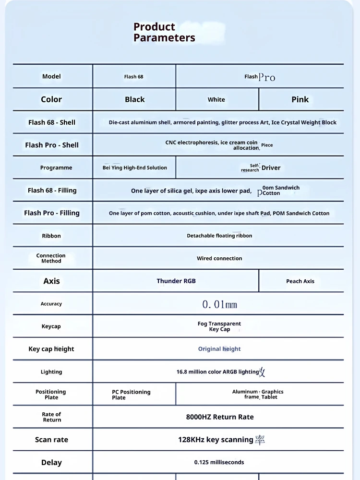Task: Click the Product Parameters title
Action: point(164,32)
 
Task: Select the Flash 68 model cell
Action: point(134,76)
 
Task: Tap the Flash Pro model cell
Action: point(260,77)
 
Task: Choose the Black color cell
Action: point(134,99)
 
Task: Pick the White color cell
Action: point(216,99)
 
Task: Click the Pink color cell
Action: point(300,99)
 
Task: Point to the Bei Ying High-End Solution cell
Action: point(135,168)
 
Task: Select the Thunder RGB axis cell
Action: point(176,281)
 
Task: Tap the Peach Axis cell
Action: point(300,281)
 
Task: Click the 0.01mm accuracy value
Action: point(219,304)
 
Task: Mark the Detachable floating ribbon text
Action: point(219,236)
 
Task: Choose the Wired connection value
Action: point(219,258)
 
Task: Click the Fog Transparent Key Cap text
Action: point(219,326)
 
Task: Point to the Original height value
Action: point(219,349)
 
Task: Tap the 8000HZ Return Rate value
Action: point(220,417)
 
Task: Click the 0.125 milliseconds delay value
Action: point(219,462)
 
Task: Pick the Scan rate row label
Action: point(51,440)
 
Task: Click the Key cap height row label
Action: point(51,349)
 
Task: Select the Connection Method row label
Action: point(51,258)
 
